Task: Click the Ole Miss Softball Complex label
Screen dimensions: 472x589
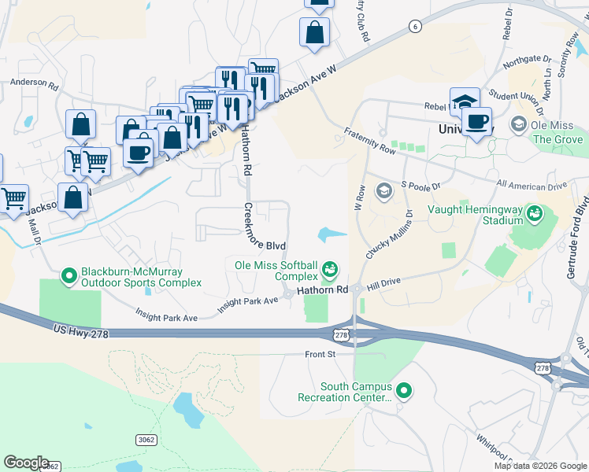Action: [276, 271]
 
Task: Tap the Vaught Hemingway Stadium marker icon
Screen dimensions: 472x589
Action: [535, 212]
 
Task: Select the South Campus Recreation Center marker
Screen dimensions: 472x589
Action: [405, 390]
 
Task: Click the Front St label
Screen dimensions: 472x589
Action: [320, 355]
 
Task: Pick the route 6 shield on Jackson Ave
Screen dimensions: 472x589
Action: [414, 26]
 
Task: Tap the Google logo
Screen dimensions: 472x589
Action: [26, 463]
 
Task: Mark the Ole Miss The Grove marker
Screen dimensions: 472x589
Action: [519, 124]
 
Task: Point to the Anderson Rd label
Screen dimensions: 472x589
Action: [33, 82]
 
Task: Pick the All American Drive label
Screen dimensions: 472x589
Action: [532, 185]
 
